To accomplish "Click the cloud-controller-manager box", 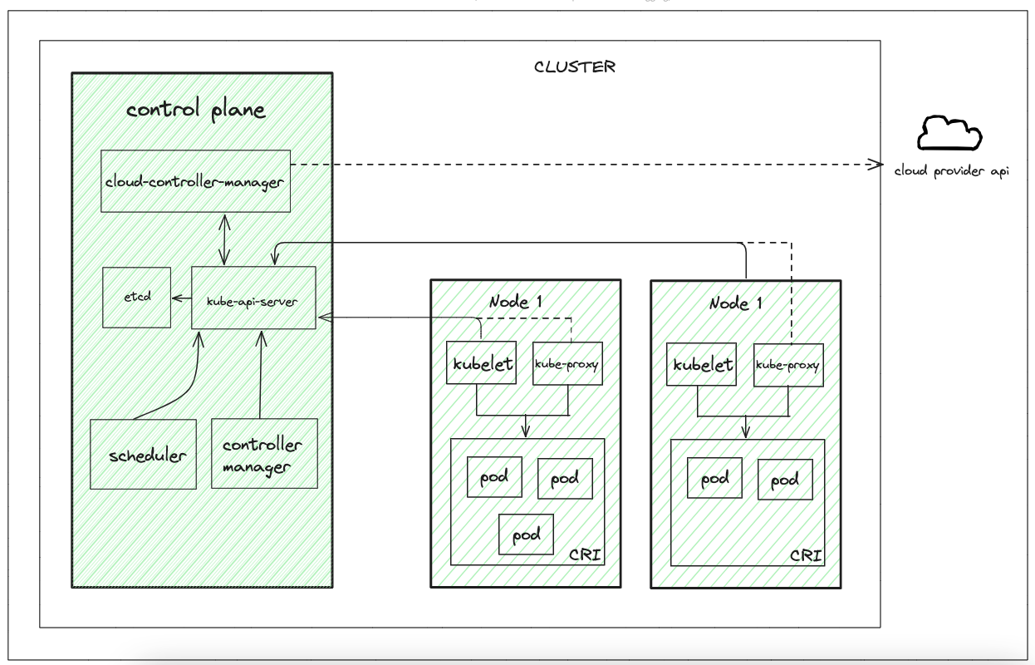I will click(x=195, y=180).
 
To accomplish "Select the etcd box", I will click(x=136, y=297).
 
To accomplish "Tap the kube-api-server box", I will click(x=253, y=297).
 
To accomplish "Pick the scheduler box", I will click(x=144, y=454).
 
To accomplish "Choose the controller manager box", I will click(x=264, y=453).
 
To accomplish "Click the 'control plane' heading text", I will click(x=196, y=111).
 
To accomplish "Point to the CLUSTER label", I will click(x=575, y=66).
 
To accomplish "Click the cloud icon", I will click(x=949, y=133).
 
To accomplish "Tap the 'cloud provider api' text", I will click(x=951, y=172).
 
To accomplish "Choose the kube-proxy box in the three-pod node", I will click(x=567, y=363).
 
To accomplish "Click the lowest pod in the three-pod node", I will click(x=525, y=534).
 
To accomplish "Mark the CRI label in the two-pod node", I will click(x=806, y=554).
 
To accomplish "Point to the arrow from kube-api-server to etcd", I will click(x=180, y=297).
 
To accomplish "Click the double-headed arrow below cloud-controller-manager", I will click(x=222, y=239).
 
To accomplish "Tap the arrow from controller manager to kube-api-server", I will click(x=262, y=374).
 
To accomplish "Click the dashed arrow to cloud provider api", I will click(x=581, y=165).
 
